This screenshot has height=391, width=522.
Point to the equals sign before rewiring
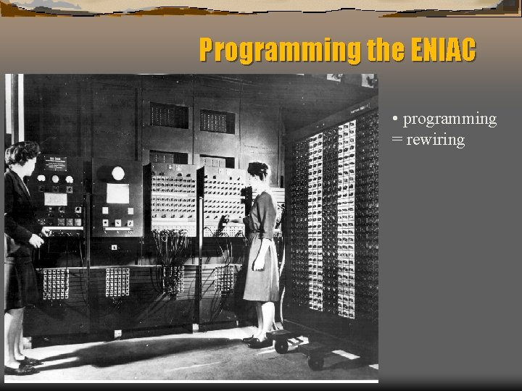396,140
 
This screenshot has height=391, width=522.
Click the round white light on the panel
117,173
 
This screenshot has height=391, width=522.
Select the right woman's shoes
257,340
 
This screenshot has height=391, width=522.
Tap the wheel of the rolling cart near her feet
281,347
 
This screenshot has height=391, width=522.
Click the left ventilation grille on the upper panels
169,115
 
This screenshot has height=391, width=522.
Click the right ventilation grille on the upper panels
217,121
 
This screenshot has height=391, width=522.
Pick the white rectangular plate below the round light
117,193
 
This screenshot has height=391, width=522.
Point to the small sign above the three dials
54,164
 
